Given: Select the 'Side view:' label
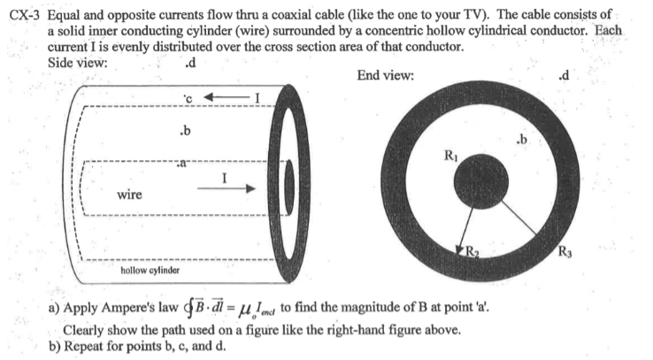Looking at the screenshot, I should coord(76,62).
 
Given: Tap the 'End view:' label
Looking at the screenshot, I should coord(385,75).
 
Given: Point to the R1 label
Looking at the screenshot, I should coord(452,157).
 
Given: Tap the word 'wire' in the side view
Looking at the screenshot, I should coord(131,193).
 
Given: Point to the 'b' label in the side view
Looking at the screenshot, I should coord(184,133).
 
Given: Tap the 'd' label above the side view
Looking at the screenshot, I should coord(190,62).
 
